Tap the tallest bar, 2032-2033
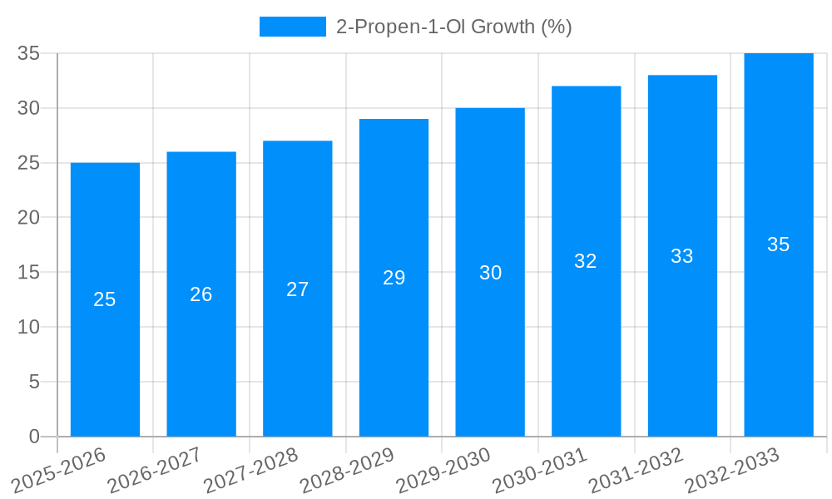pos(778,333)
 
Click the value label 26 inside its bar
pos(201,294)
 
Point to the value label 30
pos(490,273)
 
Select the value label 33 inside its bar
pos(681,256)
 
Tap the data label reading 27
pos(297,289)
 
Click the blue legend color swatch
pos(292,27)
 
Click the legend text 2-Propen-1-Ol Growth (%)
pos(453,27)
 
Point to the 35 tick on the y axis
pos(29,53)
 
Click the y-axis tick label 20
pos(29,217)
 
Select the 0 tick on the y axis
pos(34,437)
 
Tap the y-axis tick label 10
pos(29,327)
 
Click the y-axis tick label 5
pos(34,382)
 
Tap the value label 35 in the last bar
pos(778,245)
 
